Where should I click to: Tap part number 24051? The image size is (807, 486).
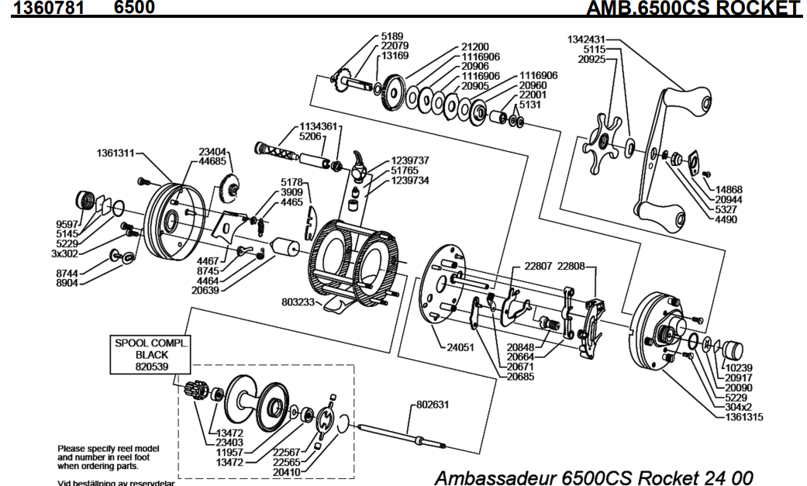pos(462,347)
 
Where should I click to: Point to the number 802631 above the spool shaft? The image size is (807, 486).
pos(433,404)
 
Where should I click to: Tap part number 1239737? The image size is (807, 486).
pos(410,160)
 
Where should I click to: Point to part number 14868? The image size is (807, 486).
pos(731,188)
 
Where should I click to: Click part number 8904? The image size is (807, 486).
pos(68,283)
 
